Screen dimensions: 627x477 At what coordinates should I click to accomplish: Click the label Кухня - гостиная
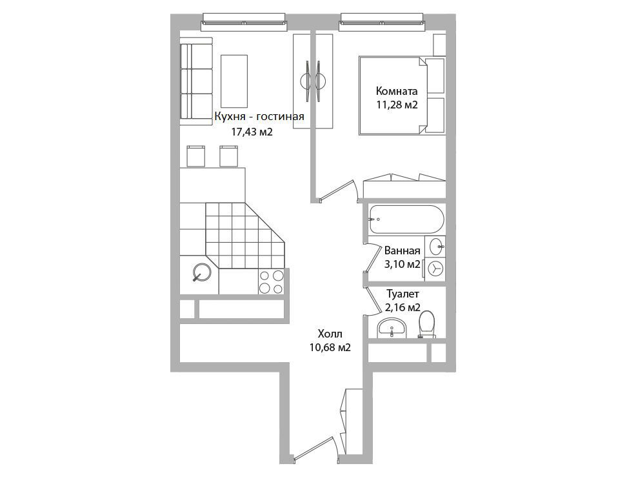[x=259, y=116]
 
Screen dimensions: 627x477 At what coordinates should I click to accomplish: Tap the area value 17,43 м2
[x=252, y=132]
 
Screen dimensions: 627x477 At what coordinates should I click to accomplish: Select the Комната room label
[x=397, y=91]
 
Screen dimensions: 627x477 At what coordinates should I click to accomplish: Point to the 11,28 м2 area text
[x=397, y=105]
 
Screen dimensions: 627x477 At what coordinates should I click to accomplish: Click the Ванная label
[x=403, y=251]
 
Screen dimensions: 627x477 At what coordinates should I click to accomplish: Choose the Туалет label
[x=403, y=294]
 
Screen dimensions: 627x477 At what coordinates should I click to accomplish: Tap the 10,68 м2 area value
[x=330, y=348]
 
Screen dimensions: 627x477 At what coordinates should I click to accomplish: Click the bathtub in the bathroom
[x=406, y=219]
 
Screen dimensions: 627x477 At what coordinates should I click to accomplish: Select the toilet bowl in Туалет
[x=426, y=325]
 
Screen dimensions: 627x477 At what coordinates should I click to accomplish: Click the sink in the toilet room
[x=392, y=329]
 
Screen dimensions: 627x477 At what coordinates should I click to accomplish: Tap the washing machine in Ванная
[x=435, y=268]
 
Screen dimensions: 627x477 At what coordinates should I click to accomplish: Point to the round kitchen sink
[x=203, y=272]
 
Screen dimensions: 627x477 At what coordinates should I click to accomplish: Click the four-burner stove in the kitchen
[x=272, y=282]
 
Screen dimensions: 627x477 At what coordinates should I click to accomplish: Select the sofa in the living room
[x=195, y=81]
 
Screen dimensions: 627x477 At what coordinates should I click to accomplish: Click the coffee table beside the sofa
[x=234, y=81]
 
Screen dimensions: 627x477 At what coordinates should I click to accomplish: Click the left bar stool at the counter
[x=196, y=156]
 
